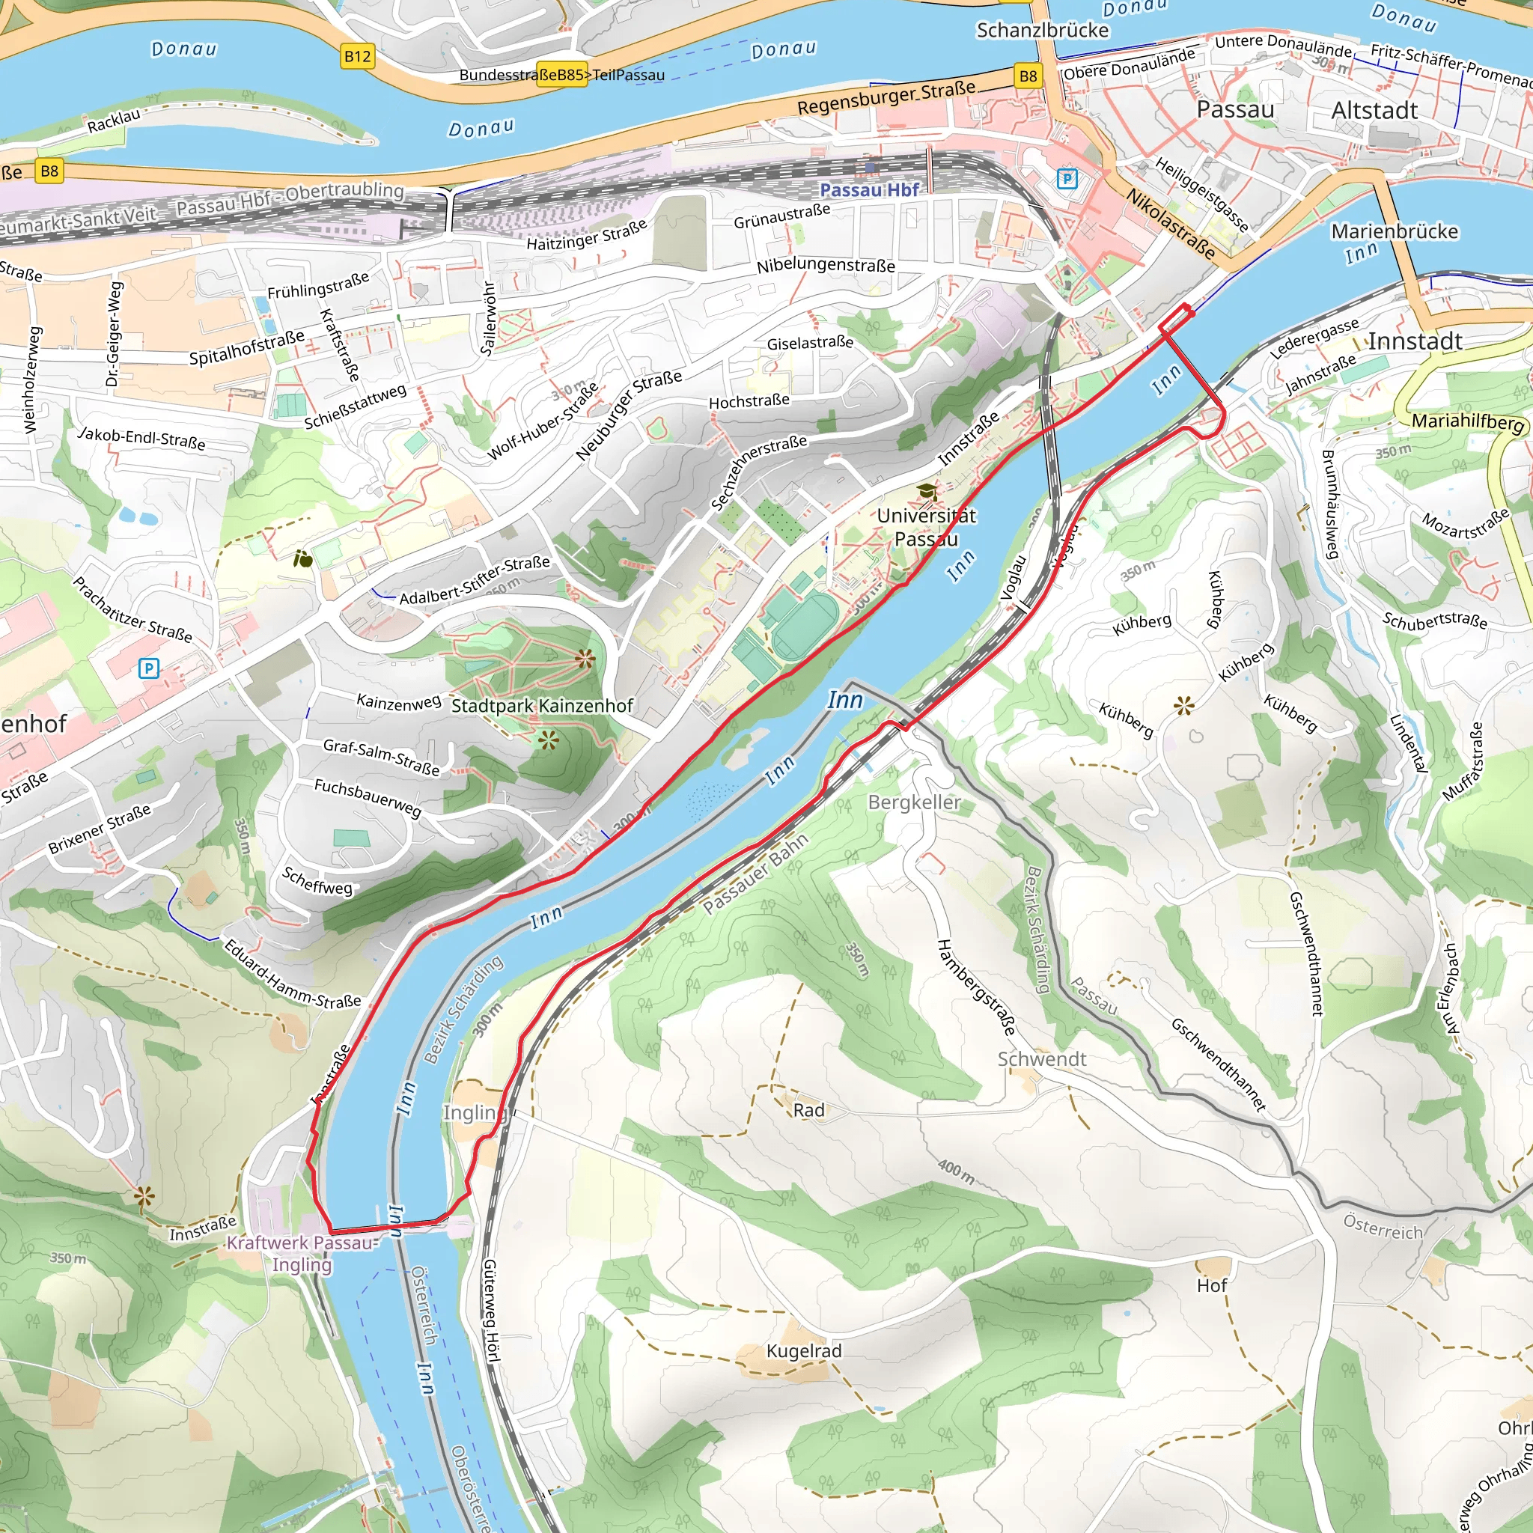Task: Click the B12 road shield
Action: coord(357,56)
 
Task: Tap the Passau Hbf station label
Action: coord(870,189)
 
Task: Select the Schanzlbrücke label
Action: coord(1042,30)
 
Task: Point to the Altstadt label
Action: coord(1374,110)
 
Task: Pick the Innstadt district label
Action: coord(1415,342)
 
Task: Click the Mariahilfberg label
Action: coord(1467,421)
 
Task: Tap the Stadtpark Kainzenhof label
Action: coord(542,705)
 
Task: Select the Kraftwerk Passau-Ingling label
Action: coord(302,1253)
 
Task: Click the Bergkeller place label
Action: coord(914,802)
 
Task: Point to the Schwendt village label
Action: coord(1041,1059)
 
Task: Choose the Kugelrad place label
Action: coord(803,1350)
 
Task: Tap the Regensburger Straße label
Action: coord(886,97)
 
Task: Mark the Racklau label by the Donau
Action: coord(114,121)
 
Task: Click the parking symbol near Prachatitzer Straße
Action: coord(148,668)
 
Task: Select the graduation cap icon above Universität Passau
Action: coord(926,492)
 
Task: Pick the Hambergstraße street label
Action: coord(976,987)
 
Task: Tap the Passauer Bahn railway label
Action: coord(755,874)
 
